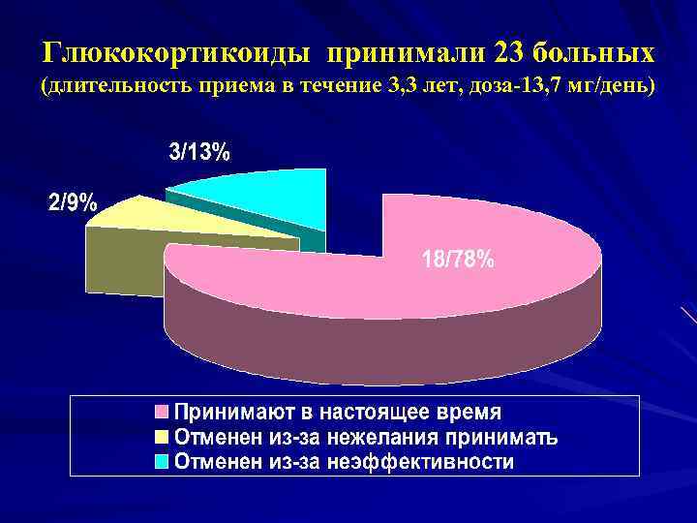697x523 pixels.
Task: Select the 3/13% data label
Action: point(200,152)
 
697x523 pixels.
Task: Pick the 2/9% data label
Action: point(73,203)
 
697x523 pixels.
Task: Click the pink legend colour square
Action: point(163,411)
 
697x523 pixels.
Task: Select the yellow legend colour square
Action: point(163,436)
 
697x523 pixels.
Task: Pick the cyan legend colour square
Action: point(163,462)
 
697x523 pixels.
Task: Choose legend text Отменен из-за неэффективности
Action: point(344,462)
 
